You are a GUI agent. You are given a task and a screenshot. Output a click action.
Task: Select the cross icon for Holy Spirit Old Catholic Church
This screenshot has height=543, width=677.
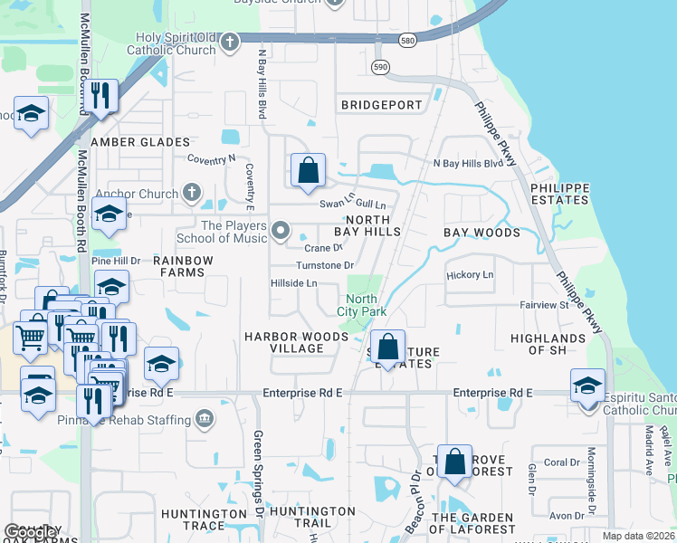231,42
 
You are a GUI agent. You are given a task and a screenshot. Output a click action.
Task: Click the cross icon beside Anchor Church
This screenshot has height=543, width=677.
191,192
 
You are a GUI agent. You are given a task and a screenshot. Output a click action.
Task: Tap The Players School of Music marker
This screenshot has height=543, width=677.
281,232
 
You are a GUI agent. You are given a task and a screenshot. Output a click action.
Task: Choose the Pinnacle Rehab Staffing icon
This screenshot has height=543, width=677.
205,418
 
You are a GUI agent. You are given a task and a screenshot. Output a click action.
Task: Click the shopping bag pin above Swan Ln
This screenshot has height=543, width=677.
308,170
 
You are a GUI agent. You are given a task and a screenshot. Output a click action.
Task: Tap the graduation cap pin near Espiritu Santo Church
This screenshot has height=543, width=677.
587,385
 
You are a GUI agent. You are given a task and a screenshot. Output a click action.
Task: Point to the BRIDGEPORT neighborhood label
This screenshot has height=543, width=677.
382,105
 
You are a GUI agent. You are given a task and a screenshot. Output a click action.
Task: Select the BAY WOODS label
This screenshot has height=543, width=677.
482,233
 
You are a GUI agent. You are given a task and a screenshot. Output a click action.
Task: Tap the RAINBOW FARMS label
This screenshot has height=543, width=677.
183,266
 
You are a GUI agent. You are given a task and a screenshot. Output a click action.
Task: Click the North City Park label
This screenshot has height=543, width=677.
362,306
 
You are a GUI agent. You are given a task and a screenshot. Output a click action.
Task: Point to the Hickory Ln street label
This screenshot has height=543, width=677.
470,274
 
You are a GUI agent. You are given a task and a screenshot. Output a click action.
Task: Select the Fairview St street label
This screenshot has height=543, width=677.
543,305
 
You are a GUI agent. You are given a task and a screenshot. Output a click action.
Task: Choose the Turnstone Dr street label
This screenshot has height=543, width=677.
325,265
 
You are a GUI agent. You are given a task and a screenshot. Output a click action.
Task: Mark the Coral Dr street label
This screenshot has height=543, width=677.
561,462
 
